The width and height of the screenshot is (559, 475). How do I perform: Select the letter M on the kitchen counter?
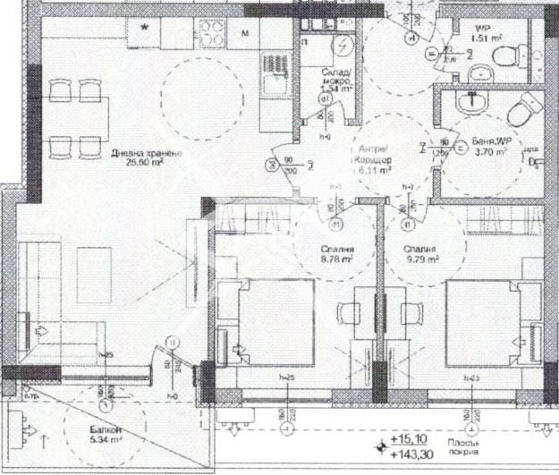click(x=245, y=34)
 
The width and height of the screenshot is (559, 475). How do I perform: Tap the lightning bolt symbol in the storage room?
click(x=343, y=46)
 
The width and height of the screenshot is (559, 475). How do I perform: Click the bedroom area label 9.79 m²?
click(x=420, y=260)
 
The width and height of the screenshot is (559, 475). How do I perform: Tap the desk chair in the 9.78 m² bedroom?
click(x=347, y=313)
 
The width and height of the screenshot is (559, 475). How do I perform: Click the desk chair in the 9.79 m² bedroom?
click(x=411, y=313)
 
